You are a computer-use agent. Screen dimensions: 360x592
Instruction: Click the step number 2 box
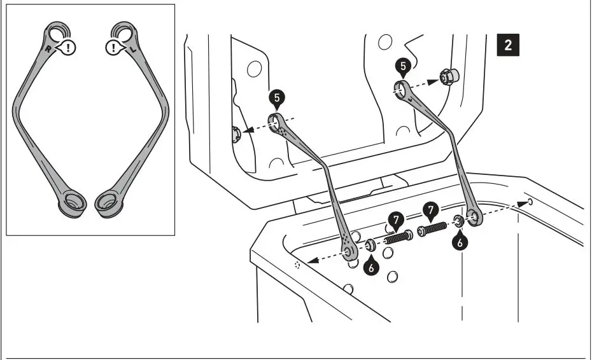pyautogui.click(x=507, y=46)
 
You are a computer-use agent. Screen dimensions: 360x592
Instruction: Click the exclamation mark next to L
pyautogui.click(x=113, y=47)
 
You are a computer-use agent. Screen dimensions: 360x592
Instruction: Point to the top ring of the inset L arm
pyautogui.click(x=123, y=32)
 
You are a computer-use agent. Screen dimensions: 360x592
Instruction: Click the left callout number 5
pyautogui.click(x=276, y=98)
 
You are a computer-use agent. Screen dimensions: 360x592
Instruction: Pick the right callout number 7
pyautogui.click(x=432, y=209)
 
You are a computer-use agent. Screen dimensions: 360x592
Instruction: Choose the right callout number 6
pyautogui.click(x=461, y=242)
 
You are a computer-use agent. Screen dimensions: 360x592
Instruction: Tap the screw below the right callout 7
pyautogui.click(x=433, y=228)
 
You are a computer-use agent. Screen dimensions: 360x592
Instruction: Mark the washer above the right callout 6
pyautogui.click(x=457, y=221)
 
